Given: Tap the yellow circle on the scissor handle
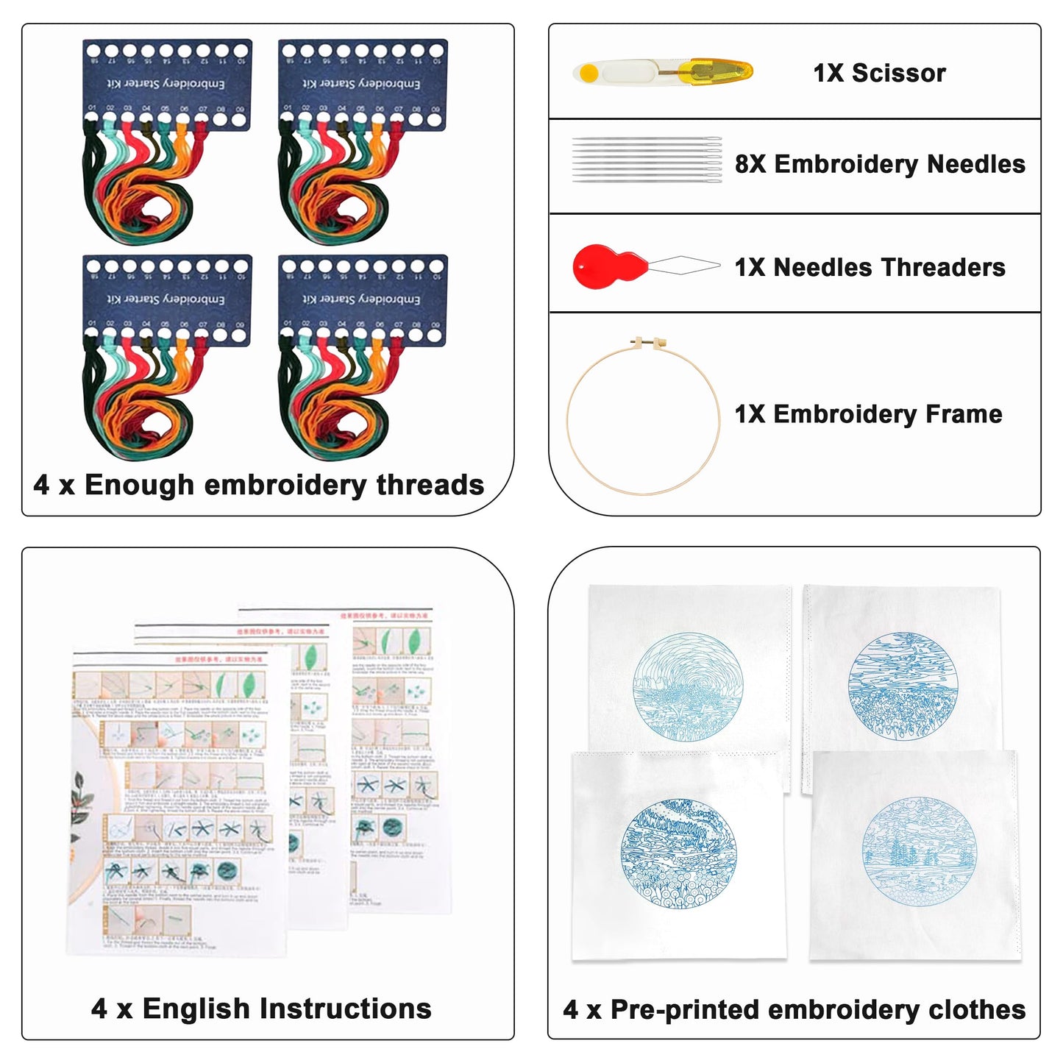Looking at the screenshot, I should [x=589, y=73].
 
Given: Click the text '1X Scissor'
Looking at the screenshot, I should [x=879, y=73].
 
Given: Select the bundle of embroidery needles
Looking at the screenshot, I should [x=646, y=160].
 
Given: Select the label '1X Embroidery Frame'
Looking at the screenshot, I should [x=868, y=414].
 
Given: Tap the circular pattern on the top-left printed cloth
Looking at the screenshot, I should [x=688, y=686].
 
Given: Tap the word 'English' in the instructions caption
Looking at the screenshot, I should [x=196, y=1009].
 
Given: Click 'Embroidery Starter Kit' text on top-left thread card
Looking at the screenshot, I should [x=166, y=84].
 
